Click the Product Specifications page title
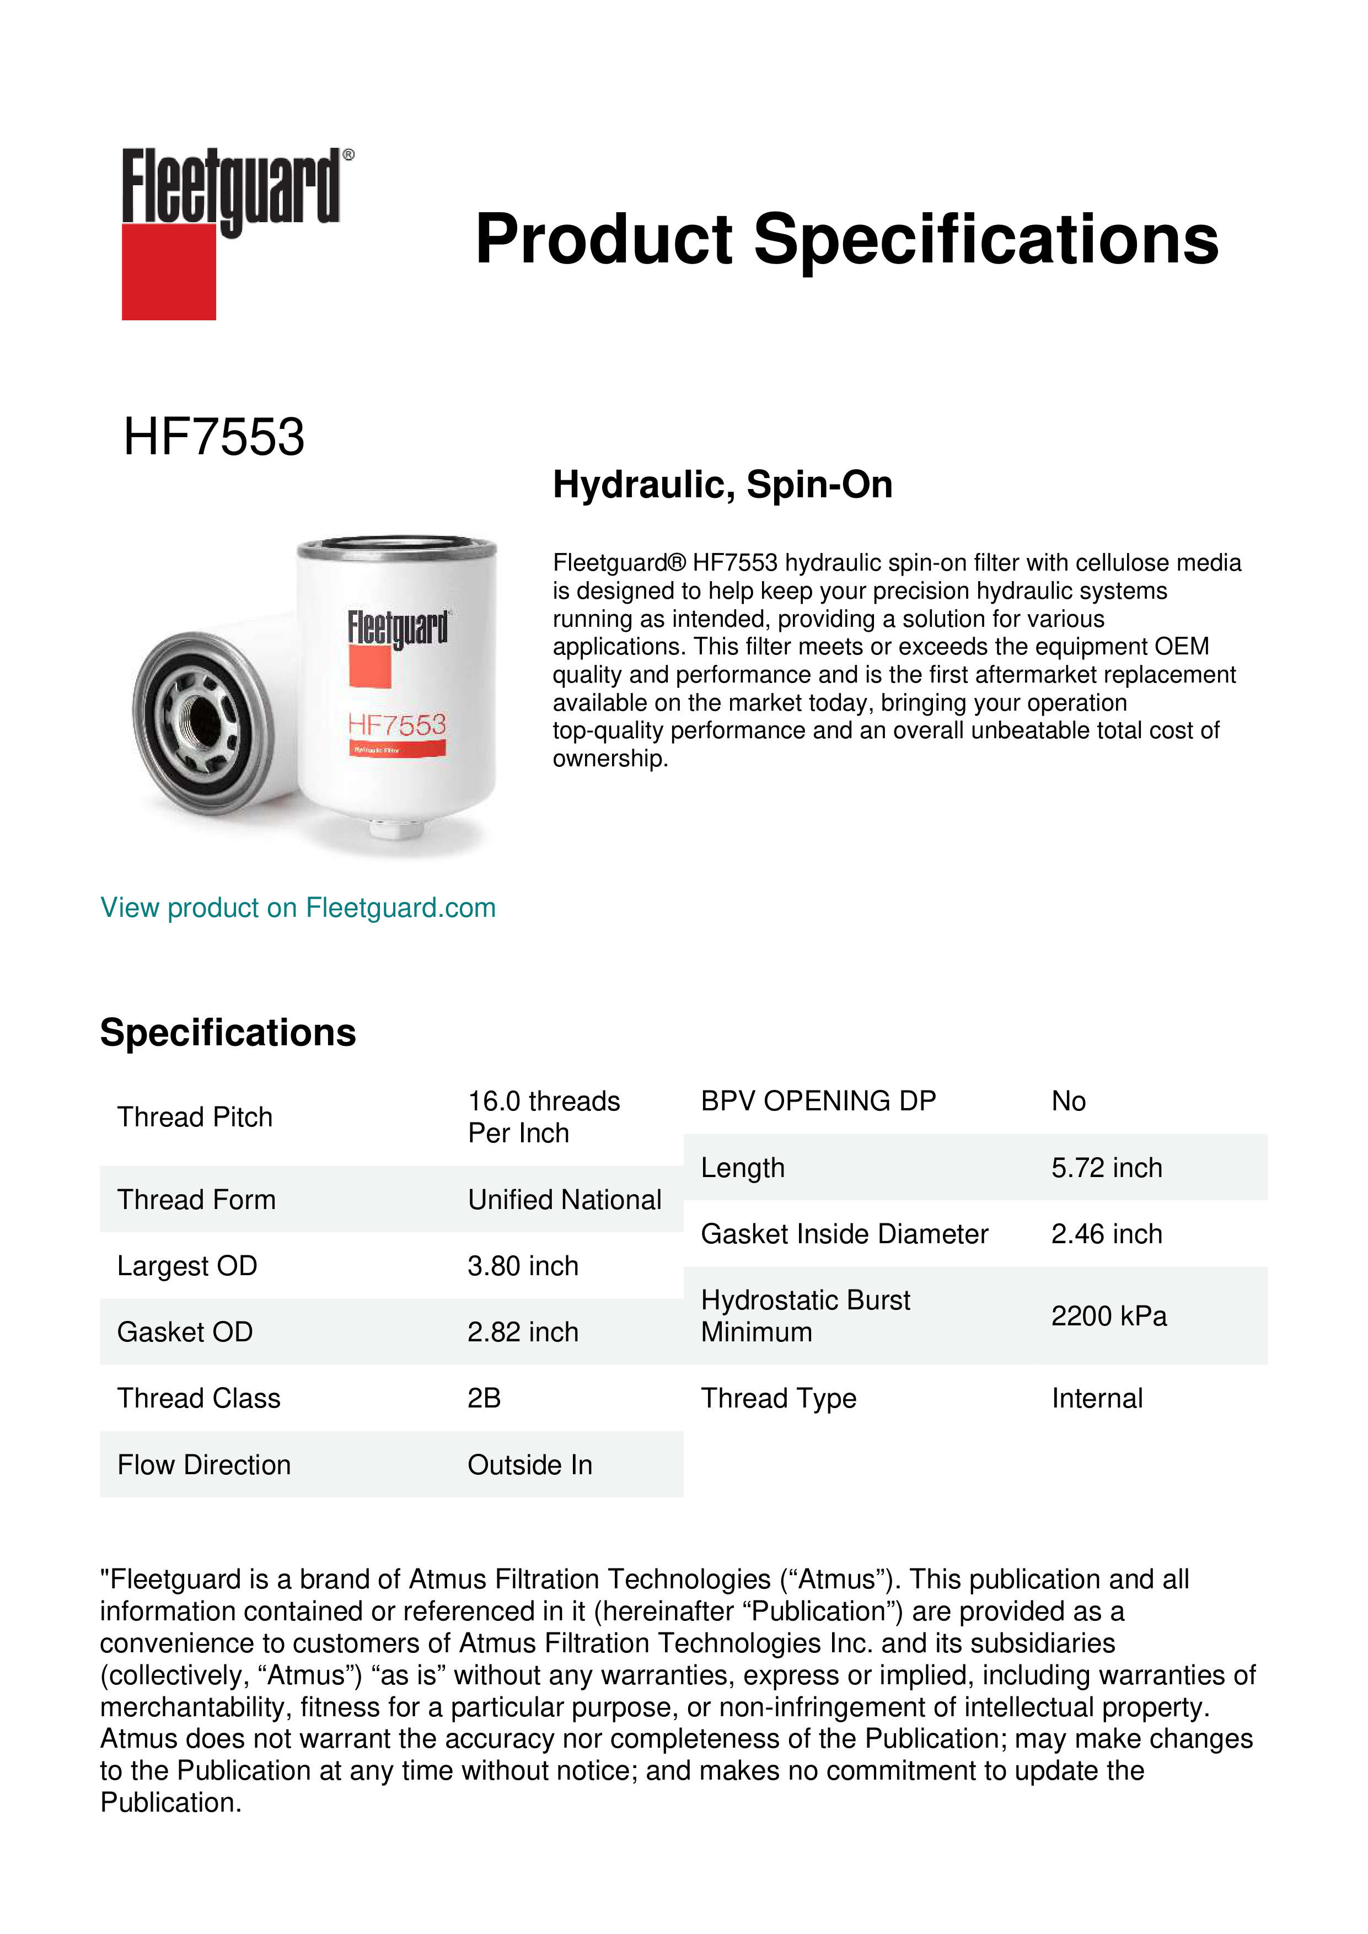[846, 239]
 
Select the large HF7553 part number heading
[214, 437]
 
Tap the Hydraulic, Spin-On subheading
[722, 485]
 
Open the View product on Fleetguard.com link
[297, 908]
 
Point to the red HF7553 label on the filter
[397, 724]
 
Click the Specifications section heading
[227, 1033]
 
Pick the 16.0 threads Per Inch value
[543, 1117]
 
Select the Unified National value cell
[565, 1200]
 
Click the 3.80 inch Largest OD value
[523, 1266]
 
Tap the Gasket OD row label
[185, 1332]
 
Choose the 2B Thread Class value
[484, 1398]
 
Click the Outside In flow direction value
[530, 1465]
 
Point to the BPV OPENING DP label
[818, 1101]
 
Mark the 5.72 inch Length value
[1106, 1168]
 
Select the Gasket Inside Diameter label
[844, 1234]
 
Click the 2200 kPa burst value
[1108, 1316]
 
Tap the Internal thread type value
[1097, 1398]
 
